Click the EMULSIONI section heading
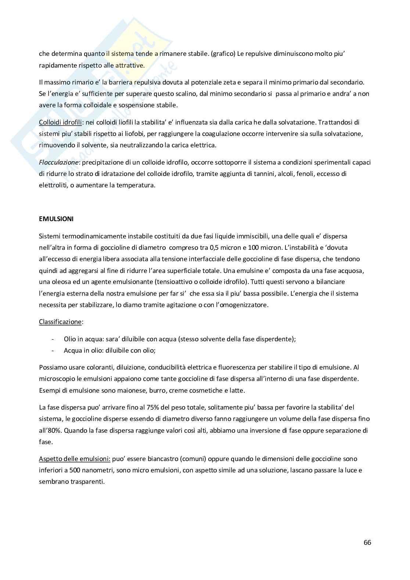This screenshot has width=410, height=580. click(x=56, y=219)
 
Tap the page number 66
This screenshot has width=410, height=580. click(x=367, y=543)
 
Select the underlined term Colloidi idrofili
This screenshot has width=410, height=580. click(x=60, y=122)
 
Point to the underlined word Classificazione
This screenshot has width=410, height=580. click(x=60, y=322)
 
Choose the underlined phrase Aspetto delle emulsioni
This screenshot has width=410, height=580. click(x=75, y=459)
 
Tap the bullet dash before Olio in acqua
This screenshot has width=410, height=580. click(x=54, y=339)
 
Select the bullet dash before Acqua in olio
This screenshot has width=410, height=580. click(x=54, y=350)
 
